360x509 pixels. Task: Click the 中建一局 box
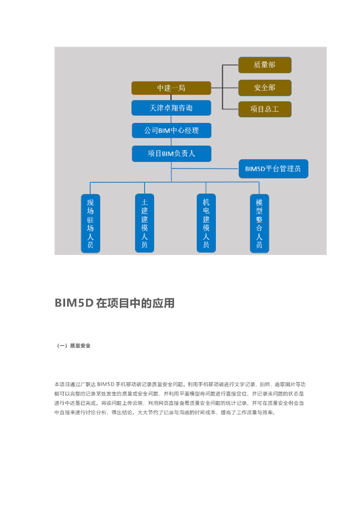coord(171,88)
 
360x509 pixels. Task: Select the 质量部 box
coord(265,65)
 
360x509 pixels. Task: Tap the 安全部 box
coord(265,87)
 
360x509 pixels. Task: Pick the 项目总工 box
coord(265,109)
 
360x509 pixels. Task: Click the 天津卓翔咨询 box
coord(171,108)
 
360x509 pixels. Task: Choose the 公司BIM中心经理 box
coord(171,130)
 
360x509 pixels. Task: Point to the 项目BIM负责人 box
coord(171,154)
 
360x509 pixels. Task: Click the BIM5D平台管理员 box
coord(273,169)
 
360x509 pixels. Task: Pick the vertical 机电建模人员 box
coord(206,223)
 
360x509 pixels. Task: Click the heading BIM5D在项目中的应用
coord(114,303)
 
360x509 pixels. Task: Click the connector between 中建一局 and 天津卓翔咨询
coord(171,98)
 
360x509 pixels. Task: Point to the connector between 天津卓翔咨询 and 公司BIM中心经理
coord(171,119)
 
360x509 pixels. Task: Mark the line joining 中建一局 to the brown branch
coord(217,88)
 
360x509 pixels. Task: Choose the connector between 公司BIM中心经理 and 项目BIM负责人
coord(171,142)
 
